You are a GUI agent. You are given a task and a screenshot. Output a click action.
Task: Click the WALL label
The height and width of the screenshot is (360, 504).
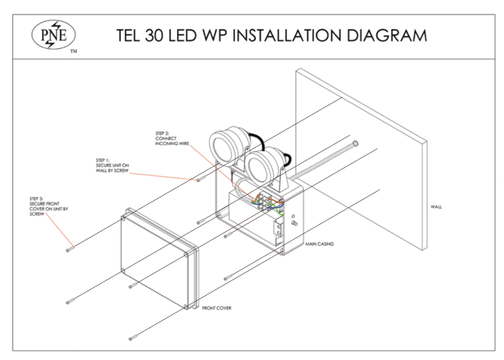tap(436, 207)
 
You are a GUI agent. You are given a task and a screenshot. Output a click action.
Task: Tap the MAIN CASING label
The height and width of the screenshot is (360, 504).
tap(320, 243)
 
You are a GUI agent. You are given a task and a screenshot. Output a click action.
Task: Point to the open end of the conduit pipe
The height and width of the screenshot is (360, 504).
tap(356, 144)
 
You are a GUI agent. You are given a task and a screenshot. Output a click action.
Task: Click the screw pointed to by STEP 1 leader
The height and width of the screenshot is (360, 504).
tap(199, 180)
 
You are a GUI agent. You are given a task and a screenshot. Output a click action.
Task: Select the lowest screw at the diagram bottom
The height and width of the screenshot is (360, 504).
tap(132, 337)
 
